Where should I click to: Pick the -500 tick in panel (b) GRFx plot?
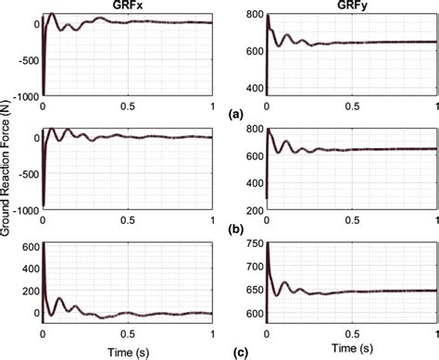pos(25,174)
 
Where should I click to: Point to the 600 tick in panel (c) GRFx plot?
pos(28,245)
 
